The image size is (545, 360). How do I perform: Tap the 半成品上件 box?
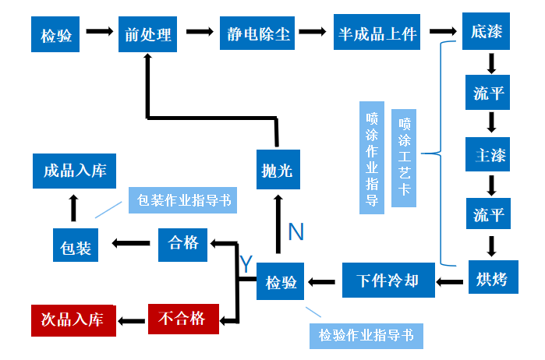(378, 34)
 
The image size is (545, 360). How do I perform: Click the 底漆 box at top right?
(488, 33)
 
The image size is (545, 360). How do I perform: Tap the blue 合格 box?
(184, 242)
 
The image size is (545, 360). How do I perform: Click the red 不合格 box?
(182, 317)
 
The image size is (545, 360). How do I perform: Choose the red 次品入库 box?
(73, 319)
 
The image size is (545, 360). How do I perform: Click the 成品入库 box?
(75, 171)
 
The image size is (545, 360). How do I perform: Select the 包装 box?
(76, 246)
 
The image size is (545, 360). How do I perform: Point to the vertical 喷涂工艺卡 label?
(404, 157)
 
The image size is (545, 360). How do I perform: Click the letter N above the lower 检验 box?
(296, 231)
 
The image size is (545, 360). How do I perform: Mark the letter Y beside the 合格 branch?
(246, 264)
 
